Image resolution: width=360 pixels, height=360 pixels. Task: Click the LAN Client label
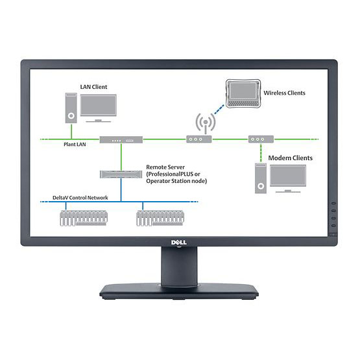(x=93, y=87)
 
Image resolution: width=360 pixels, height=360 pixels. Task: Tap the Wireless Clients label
(x=284, y=93)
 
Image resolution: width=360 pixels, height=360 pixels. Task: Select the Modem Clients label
(x=291, y=158)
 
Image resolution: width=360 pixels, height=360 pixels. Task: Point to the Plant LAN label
(x=75, y=144)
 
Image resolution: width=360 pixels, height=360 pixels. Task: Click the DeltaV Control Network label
(x=80, y=197)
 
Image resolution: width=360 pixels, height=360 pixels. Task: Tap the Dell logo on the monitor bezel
(x=179, y=243)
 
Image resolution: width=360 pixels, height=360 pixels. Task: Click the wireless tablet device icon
(x=243, y=93)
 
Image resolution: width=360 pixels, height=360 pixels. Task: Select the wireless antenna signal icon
(x=206, y=123)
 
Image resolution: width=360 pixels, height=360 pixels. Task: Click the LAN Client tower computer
(x=71, y=108)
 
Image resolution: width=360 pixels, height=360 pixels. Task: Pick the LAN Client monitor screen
(x=98, y=105)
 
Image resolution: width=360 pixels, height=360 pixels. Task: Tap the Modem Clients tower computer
(x=261, y=178)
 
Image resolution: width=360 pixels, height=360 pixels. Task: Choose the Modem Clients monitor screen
(x=288, y=175)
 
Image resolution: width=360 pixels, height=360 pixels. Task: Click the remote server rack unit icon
(x=121, y=174)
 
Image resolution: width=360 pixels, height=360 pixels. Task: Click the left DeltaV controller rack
(x=84, y=218)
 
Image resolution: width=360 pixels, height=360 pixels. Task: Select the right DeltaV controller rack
(x=160, y=218)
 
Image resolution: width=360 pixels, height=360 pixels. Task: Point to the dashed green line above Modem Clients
(x=261, y=152)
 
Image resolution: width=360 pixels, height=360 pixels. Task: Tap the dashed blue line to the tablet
(x=219, y=109)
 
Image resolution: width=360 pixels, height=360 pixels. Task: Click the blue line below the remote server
(x=121, y=190)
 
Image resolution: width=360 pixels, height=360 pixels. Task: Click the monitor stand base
(x=179, y=291)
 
